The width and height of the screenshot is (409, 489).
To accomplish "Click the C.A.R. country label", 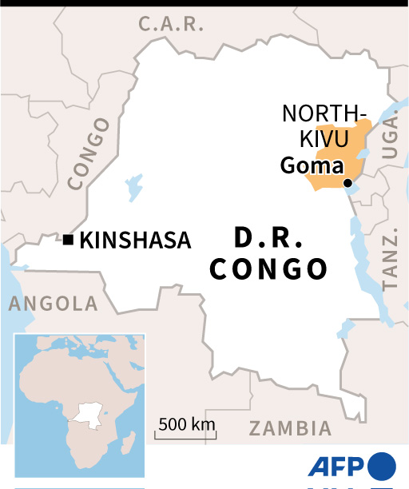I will (x=172, y=25).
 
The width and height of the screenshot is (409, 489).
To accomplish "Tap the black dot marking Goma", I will (x=347, y=184).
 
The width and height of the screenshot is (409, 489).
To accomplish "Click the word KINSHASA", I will (x=136, y=241).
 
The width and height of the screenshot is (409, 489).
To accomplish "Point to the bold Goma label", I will (x=312, y=166).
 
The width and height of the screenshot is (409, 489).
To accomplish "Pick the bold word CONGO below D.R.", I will (x=268, y=269).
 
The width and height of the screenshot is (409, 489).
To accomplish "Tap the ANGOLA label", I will (x=53, y=304).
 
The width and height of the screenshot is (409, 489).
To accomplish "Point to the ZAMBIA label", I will (x=290, y=428).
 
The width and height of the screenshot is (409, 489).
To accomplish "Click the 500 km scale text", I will (x=186, y=423).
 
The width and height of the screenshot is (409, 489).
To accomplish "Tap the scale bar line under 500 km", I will (x=186, y=436).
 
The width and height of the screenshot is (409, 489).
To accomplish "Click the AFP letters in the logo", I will (x=336, y=467).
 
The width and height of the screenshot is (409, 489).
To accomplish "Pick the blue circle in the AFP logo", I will (x=382, y=467).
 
